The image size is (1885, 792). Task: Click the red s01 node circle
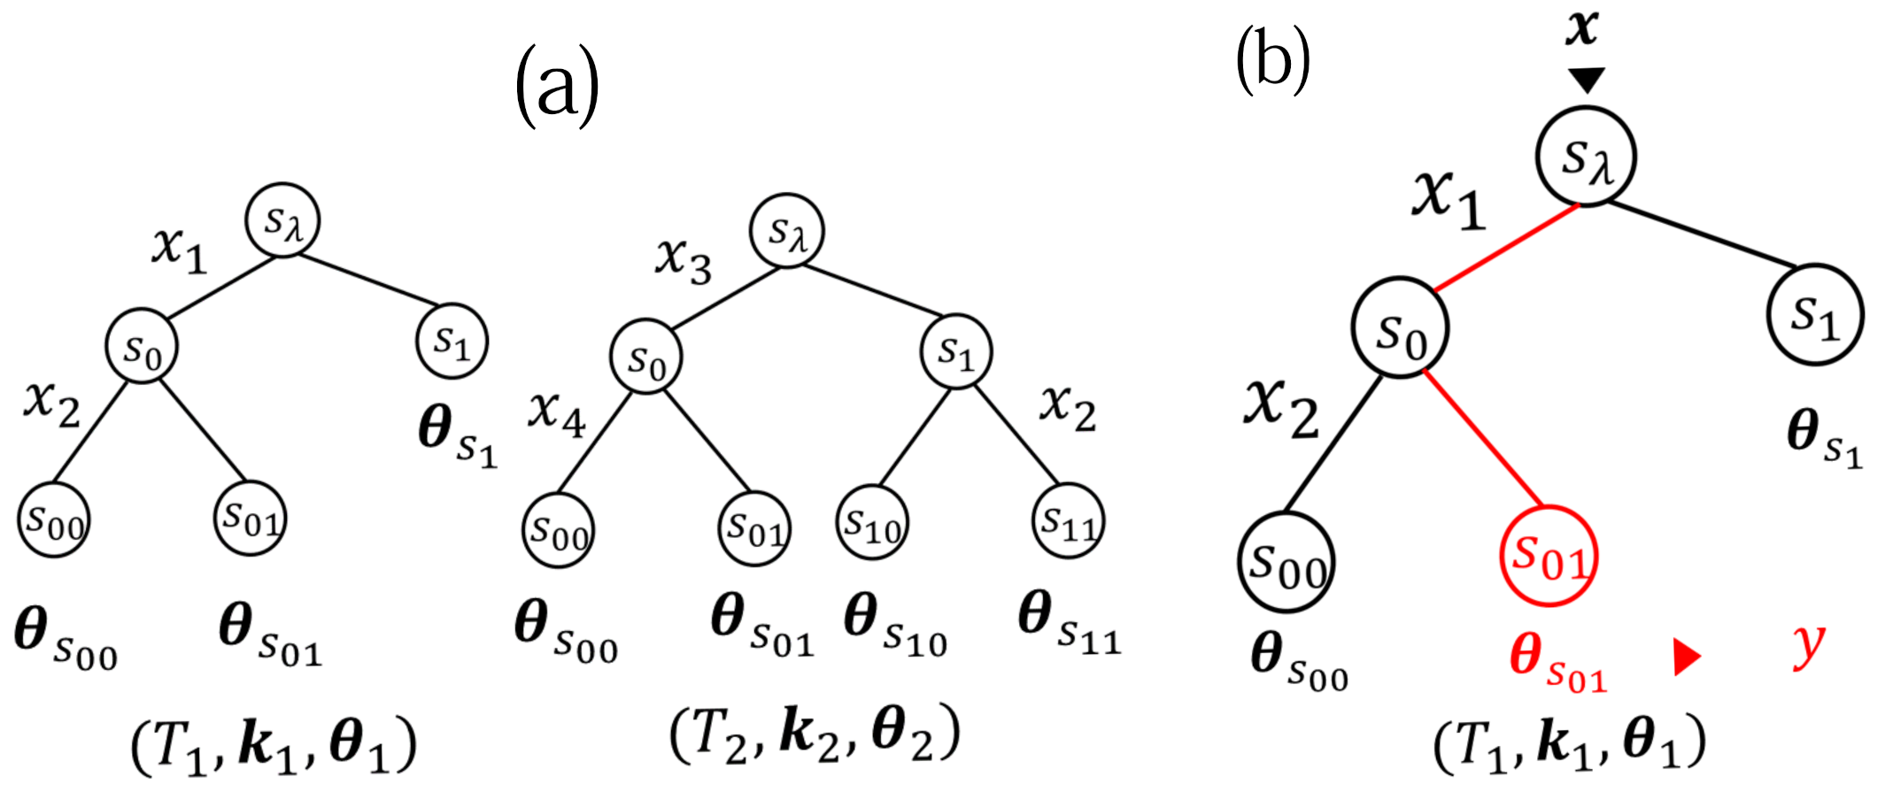click(x=1549, y=556)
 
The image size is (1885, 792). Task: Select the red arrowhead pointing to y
click(x=1686, y=657)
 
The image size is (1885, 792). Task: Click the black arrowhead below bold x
click(x=1586, y=81)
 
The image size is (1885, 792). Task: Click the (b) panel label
click(x=1272, y=60)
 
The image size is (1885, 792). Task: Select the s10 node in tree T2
click(x=872, y=523)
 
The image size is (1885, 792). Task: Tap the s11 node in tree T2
click(x=1069, y=521)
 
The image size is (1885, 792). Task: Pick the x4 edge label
click(x=557, y=412)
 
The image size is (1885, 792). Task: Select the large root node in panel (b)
click(x=1586, y=158)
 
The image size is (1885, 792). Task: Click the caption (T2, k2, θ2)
click(x=815, y=734)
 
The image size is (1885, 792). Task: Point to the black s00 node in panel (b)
click(x=1286, y=563)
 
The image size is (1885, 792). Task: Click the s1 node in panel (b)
click(x=1815, y=314)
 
